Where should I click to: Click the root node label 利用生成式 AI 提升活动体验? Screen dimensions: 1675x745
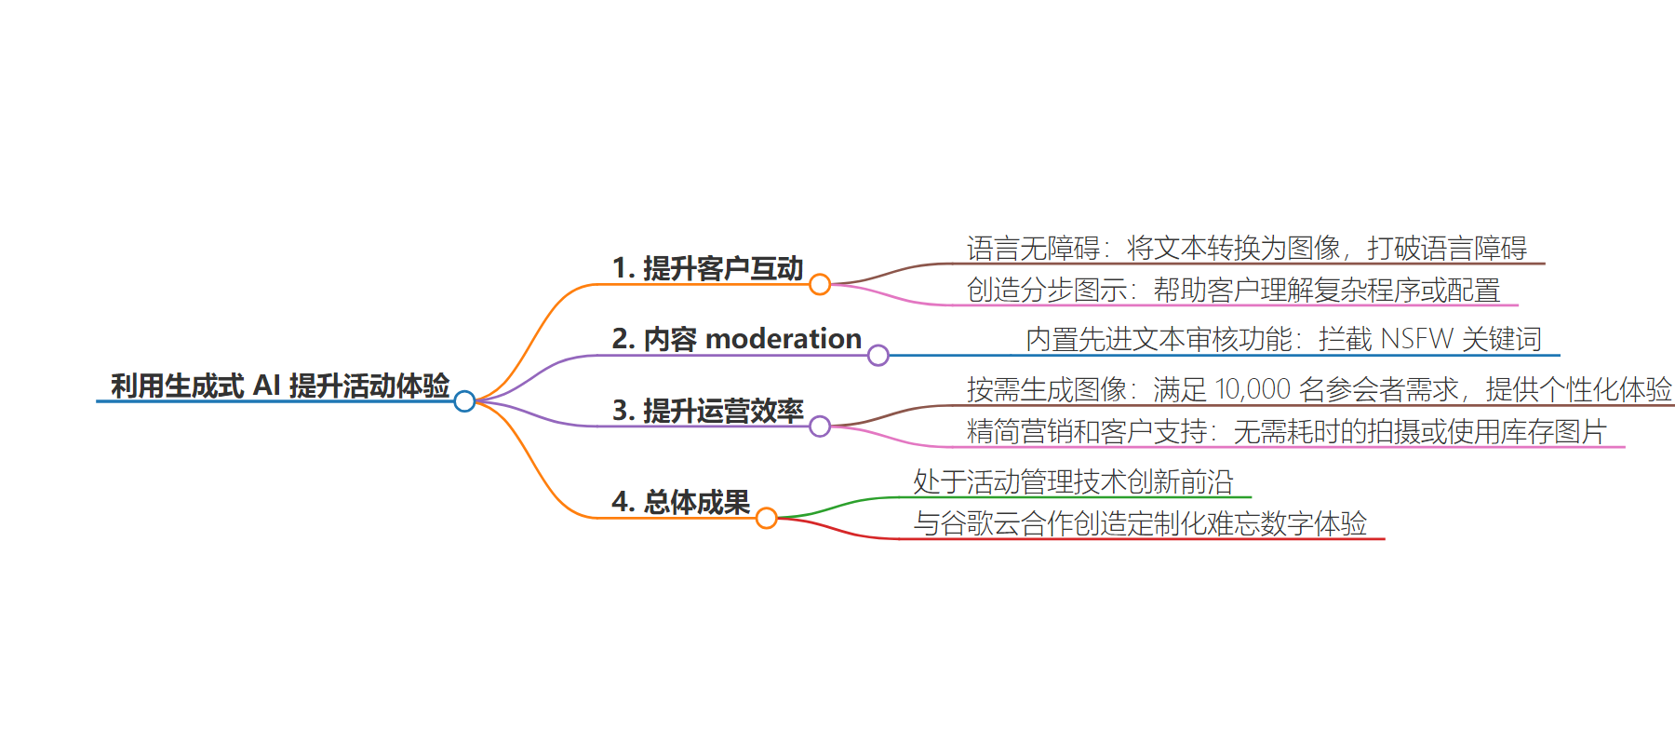[x=280, y=386]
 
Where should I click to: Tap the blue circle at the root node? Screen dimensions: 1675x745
[x=464, y=401]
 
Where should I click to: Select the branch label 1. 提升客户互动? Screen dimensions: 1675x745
[x=707, y=268]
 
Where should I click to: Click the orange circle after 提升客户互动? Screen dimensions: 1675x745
[x=820, y=284]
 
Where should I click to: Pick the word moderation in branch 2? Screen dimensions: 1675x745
[x=784, y=339]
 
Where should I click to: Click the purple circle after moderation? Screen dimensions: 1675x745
[x=878, y=355]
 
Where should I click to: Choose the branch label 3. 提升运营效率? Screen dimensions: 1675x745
[x=707, y=411]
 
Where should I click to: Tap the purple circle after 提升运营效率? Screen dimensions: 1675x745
[x=820, y=427]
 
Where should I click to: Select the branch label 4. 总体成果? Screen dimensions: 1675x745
[x=680, y=502]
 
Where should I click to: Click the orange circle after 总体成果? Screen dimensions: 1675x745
[x=766, y=518]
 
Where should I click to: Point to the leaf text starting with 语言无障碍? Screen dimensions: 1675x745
[x=1247, y=248]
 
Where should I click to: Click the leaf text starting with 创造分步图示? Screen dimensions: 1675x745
[x=1233, y=290]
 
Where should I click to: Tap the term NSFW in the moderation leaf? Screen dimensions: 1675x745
[x=1416, y=339]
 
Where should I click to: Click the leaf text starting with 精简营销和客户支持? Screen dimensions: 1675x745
[x=1287, y=431]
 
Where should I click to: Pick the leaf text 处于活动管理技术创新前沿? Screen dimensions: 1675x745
[x=1073, y=481]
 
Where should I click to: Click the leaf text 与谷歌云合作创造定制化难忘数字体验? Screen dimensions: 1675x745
[x=1140, y=523]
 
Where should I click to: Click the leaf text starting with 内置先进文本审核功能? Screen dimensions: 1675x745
[x=1284, y=339]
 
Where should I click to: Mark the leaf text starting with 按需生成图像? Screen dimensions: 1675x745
[x=1320, y=389]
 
